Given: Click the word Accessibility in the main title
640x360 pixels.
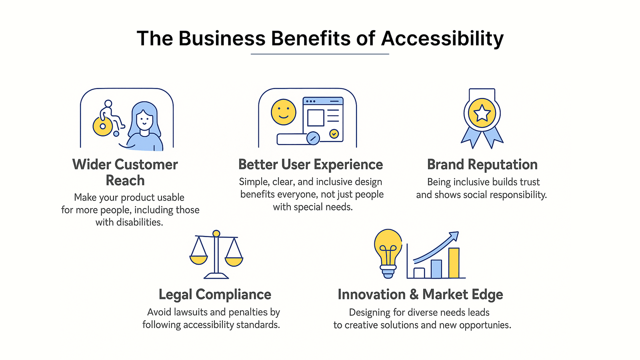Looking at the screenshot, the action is coord(442,38).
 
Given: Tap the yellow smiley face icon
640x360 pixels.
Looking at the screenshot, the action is coord(284,112).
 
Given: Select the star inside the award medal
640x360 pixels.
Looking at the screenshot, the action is coord(482,113).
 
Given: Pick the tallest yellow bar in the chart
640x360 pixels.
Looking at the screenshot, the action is coord(454,263).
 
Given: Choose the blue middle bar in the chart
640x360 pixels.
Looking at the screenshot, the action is coord(436,269).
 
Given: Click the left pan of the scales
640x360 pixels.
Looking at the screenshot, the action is coord(198,260).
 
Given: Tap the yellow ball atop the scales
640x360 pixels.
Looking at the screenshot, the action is coord(216,234).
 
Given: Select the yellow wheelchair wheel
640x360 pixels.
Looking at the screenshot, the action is coord(102,126).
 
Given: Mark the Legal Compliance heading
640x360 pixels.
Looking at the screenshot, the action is coord(215,294).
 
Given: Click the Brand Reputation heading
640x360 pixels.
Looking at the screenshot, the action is coord(482,164).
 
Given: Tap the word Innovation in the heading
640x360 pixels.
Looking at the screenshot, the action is coord(372,294).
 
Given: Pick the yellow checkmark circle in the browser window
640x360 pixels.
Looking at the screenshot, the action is coord(334,134).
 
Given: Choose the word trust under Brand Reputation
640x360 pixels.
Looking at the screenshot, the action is coord(530,182).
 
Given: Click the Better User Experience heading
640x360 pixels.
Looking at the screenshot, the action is coord(310,164).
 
